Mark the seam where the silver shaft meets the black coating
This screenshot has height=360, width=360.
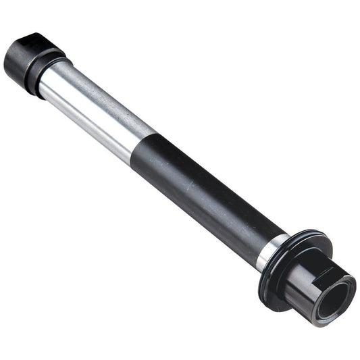click(x=145, y=142)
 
